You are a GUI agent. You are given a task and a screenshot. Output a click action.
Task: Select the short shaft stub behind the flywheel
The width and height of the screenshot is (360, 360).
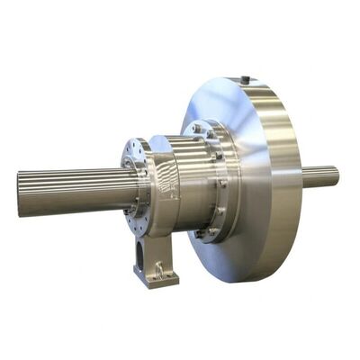click(x=319, y=176)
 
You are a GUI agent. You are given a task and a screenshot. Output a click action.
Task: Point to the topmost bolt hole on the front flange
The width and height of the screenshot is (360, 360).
click(x=138, y=145)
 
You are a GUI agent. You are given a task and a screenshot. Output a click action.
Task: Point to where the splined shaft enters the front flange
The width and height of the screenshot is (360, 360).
click(x=126, y=184)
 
